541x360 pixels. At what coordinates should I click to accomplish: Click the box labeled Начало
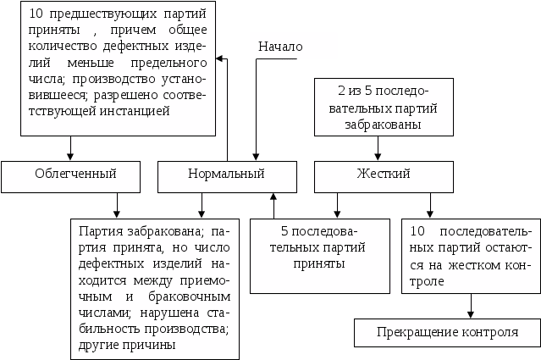[x=293, y=46]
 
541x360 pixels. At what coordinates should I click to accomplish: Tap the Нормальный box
[x=225, y=174]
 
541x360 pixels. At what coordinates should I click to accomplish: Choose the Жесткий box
[x=383, y=174]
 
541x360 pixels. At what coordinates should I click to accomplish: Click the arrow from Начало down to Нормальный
[x=255, y=110]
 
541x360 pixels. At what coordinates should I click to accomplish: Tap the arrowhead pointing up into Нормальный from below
[x=273, y=197]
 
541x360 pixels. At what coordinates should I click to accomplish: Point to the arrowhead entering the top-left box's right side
[x=218, y=59]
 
